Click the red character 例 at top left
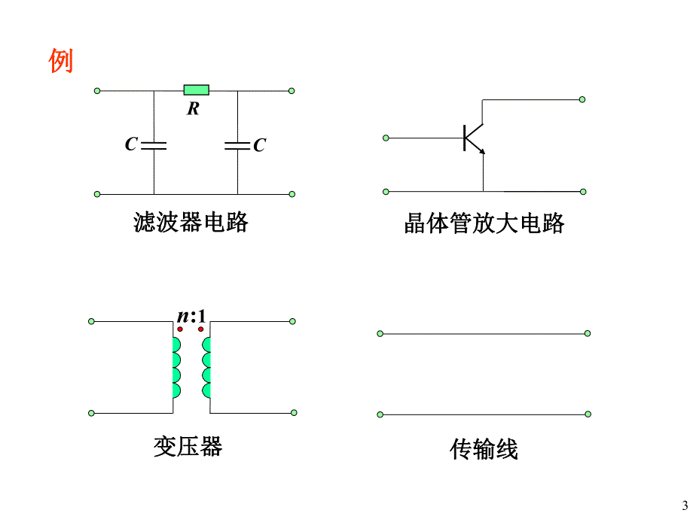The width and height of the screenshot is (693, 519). click(x=61, y=61)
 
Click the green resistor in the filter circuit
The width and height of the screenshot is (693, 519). click(x=197, y=90)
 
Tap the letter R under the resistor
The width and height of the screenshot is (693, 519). click(x=194, y=109)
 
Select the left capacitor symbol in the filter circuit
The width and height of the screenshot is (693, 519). click(x=154, y=144)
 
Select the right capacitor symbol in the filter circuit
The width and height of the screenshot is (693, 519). click(x=237, y=144)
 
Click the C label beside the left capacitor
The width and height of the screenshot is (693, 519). click(x=131, y=144)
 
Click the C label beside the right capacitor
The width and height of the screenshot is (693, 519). click(x=259, y=145)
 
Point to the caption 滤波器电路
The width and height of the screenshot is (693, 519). click(x=191, y=223)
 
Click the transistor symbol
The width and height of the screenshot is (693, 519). click(x=473, y=138)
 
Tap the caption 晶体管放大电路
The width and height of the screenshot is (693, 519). click(x=484, y=223)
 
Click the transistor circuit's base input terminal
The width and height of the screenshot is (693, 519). click(x=386, y=138)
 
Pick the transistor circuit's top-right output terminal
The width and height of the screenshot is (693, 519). click(x=582, y=99)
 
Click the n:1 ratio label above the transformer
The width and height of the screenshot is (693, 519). click(x=191, y=316)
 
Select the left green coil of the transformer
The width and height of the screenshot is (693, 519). click(x=176, y=368)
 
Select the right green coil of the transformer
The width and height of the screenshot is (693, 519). click(x=206, y=368)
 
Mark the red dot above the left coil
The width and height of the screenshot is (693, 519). click(x=181, y=329)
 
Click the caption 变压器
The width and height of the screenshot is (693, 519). click(x=188, y=447)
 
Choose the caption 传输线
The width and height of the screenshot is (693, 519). click(x=484, y=450)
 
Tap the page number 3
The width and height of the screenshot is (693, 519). click(x=685, y=505)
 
